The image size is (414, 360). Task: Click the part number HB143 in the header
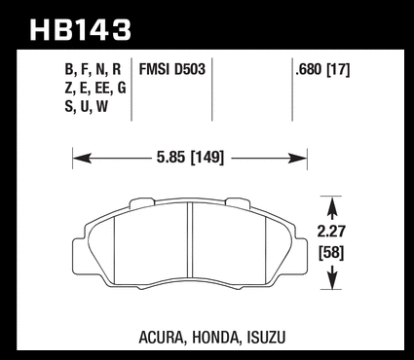click(x=80, y=30)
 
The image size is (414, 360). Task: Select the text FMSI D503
click(x=172, y=69)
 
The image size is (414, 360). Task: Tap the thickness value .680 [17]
click(x=322, y=69)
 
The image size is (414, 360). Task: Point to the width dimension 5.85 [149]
click(x=190, y=158)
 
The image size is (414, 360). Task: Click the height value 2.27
click(x=331, y=232)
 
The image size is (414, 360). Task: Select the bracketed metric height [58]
click(x=331, y=253)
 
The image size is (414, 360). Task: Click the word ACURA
click(x=161, y=338)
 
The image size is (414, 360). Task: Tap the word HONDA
click(x=215, y=338)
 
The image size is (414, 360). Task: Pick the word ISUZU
click(x=266, y=338)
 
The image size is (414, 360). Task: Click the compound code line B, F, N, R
click(x=93, y=69)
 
